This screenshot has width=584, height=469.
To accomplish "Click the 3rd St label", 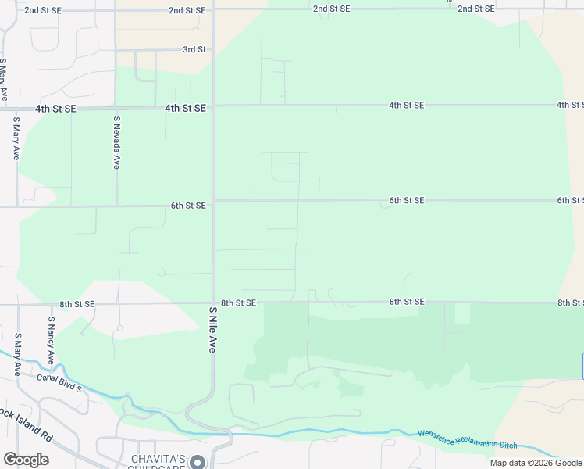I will pos(194,50).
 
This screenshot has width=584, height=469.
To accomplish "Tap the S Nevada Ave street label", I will pos(116,142).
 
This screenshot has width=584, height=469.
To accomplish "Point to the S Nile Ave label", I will pos(212,329).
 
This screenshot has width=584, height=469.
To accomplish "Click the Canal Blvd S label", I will pos(59,382).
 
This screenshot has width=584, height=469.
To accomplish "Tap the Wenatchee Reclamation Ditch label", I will pos(467,439).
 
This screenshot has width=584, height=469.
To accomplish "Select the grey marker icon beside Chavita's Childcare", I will pos(199,461).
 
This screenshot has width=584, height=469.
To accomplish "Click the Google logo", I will pos(26,460).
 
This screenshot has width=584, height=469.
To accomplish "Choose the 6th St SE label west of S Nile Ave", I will pos(188,206).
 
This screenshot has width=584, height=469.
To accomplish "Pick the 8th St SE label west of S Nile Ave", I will pos(77,304).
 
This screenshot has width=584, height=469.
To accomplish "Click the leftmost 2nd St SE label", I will pos(43,10).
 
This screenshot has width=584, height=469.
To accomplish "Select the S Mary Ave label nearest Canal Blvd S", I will pos(16,354).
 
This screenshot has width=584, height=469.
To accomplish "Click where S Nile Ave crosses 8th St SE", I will pos(213,303).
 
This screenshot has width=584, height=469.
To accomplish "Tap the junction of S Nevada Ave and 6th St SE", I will pos(117,206).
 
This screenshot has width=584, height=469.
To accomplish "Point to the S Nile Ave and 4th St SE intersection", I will pos(213,107).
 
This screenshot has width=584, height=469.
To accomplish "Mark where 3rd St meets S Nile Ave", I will pos(213,50).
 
